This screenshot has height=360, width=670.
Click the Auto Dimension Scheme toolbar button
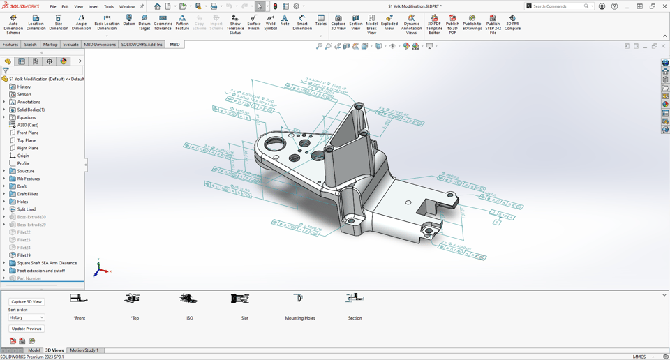[x=13, y=24]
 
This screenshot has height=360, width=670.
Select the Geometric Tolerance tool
[x=163, y=24]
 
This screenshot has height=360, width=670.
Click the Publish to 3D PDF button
[x=452, y=24]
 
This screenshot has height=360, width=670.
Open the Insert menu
[x=94, y=6]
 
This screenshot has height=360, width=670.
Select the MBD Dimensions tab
[x=100, y=45]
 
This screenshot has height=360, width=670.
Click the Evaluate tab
[x=70, y=45]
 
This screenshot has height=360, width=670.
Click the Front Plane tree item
[x=28, y=133]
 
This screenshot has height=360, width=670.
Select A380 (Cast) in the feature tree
[x=28, y=125]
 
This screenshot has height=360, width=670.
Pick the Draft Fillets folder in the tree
[x=28, y=194]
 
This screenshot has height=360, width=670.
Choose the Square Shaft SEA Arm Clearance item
[x=47, y=263]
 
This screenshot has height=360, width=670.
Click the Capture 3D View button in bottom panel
[x=27, y=302]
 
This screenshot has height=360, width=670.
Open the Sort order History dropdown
[x=27, y=317]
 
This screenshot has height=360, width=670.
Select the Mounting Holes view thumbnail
[x=299, y=299]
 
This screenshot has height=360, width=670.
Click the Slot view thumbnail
[x=240, y=299]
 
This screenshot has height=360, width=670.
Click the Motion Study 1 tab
[x=84, y=350]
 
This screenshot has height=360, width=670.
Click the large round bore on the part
[x=274, y=144]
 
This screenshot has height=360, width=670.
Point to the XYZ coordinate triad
[x=100, y=268]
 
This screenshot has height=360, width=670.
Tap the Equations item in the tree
[x=27, y=117]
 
